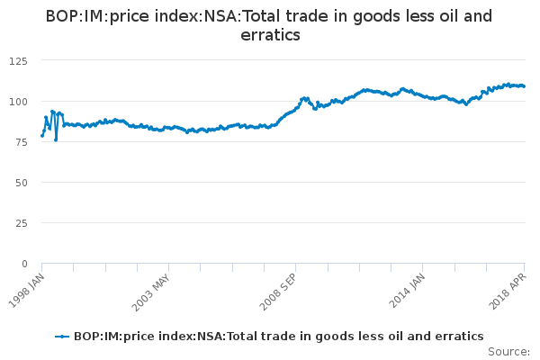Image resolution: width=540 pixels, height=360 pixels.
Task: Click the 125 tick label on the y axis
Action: point(17,60)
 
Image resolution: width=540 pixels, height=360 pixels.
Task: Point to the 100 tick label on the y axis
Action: point(17,101)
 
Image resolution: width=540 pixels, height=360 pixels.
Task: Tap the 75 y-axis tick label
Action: point(20,141)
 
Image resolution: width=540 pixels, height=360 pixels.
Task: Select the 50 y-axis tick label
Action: point(20,182)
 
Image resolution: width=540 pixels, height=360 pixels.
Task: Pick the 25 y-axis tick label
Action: point(20,222)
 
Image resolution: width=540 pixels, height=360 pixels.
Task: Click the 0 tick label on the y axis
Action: point(23,264)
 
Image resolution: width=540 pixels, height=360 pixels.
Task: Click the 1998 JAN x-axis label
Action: point(29,287)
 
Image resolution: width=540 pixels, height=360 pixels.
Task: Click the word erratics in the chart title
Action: point(270,35)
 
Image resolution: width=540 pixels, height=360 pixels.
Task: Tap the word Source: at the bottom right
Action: point(510,351)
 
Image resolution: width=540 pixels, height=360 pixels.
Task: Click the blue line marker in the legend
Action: point(62,336)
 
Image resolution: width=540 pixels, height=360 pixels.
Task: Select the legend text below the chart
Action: point(279,336)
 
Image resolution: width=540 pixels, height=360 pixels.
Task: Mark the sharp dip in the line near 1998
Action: point(56,139)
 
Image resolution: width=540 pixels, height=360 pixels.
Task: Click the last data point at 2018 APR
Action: point(524,86)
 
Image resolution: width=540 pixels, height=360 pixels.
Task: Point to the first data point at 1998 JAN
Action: point(42,135)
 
